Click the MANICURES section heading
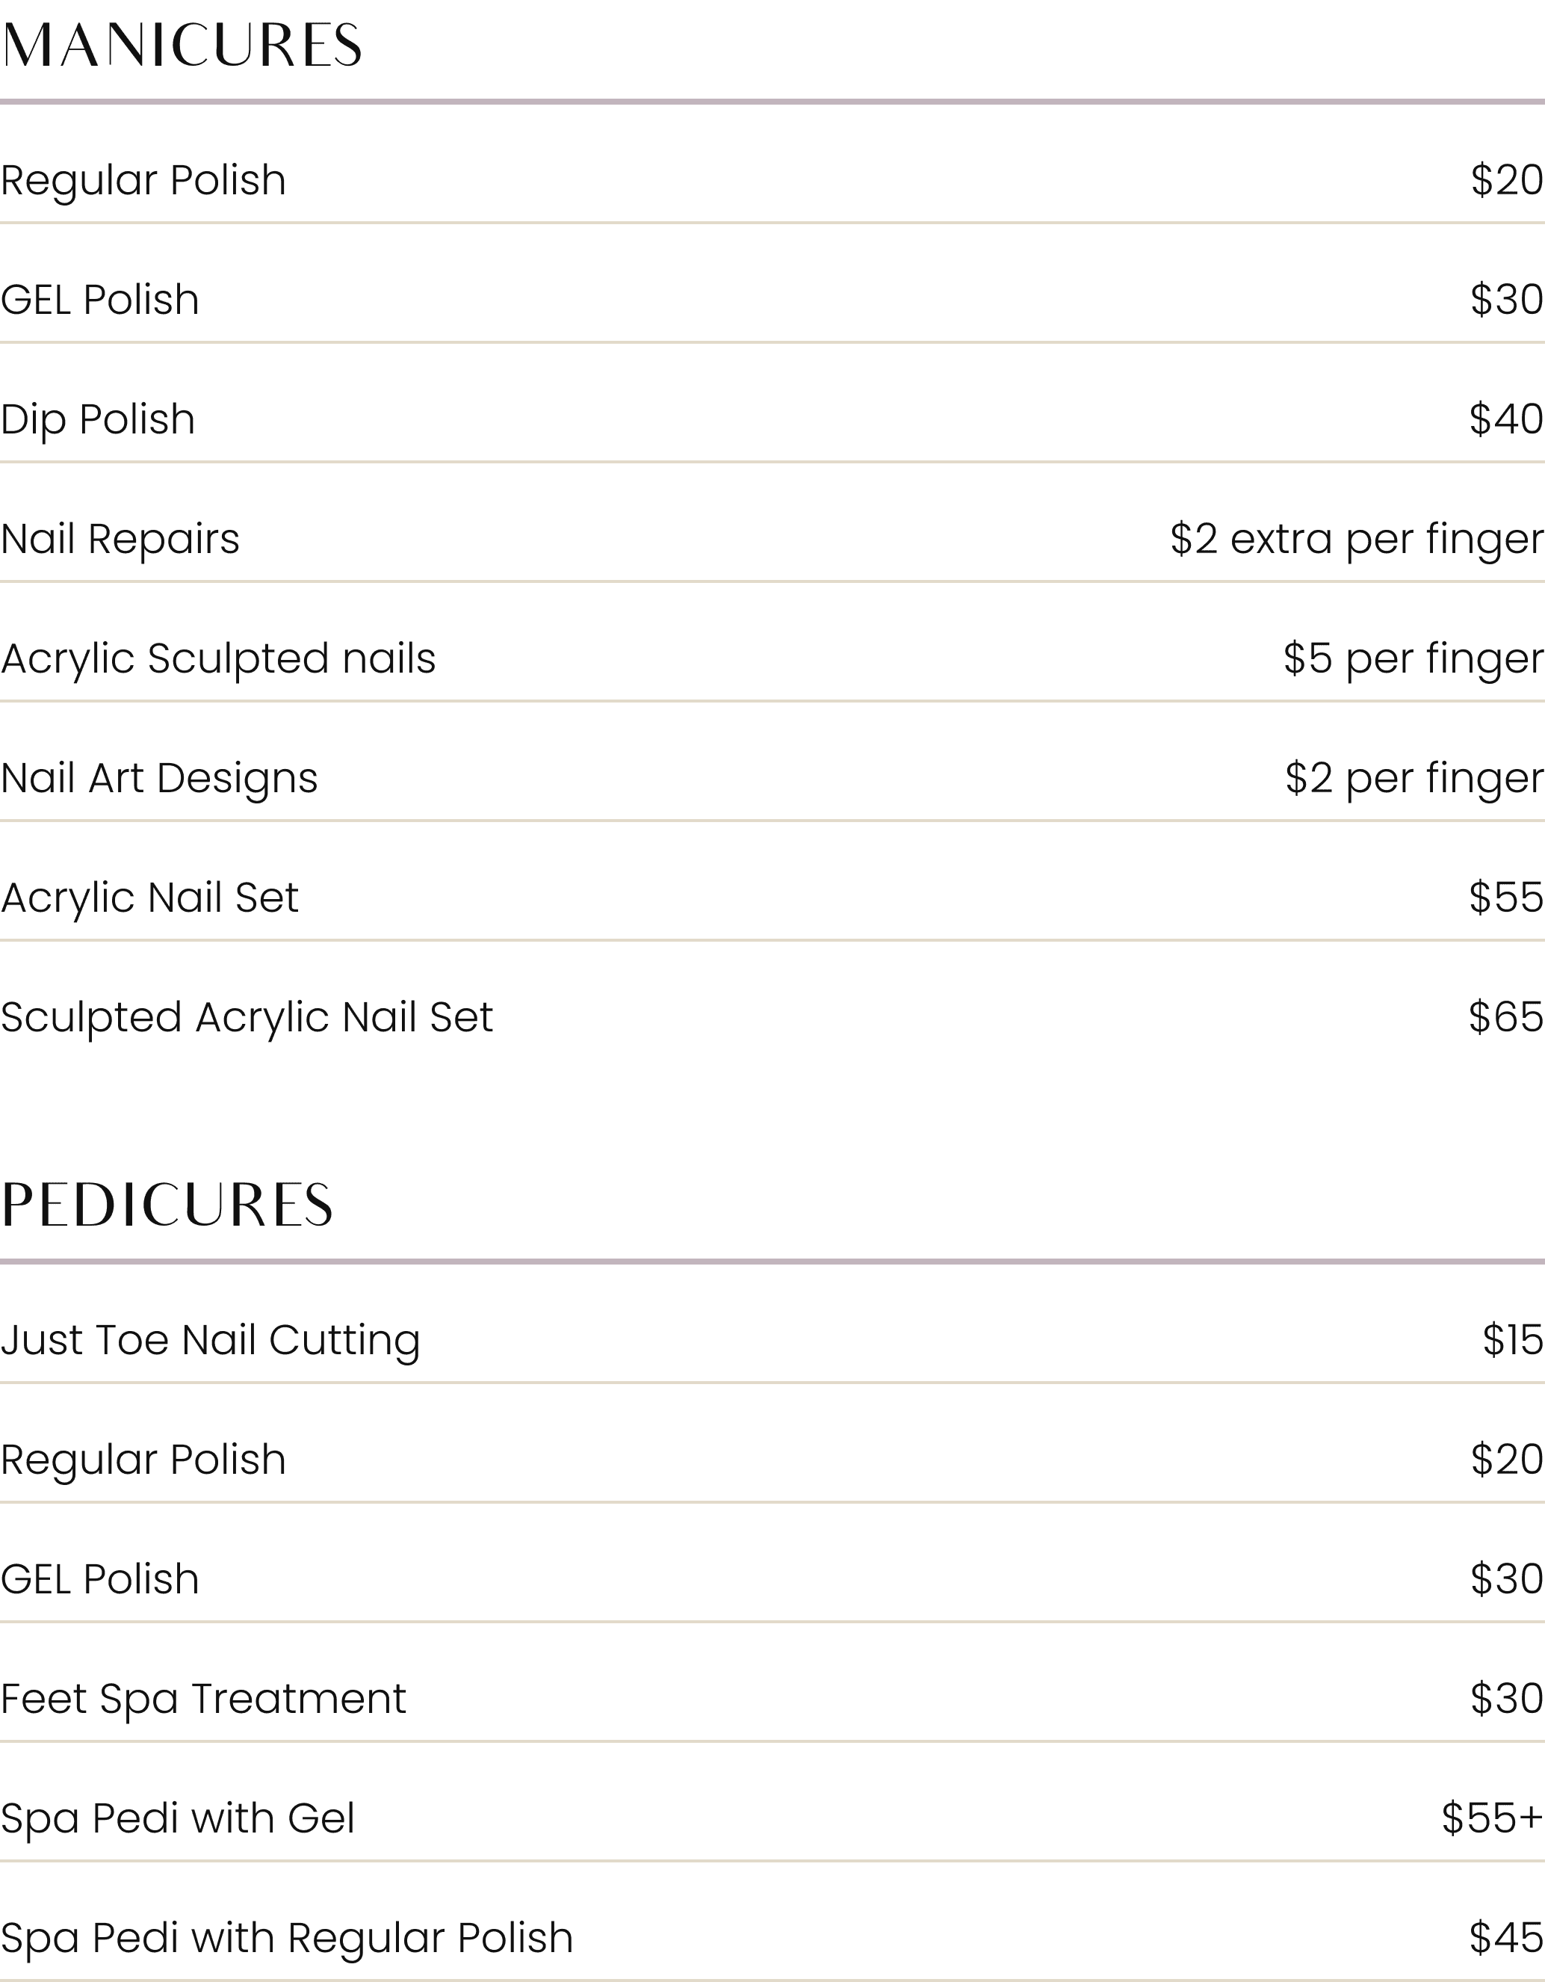click(x=182, y=46)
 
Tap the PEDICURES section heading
click(x=167, y=1205)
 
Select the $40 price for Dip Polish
click(x=1506, y=419)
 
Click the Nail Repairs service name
click(x=120, y=539)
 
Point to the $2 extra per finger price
click(x=1356, y=539)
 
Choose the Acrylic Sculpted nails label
click(x=217, y=659)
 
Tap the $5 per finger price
click(x=1413, y=659)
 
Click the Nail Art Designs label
click(x=159, y=779)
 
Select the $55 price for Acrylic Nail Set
click(x=1506, y=898)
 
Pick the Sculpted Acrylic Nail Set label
click(x=247, y=1017)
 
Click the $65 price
click(x=1506, y=1017)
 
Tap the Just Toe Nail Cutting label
click(x=211, y=1341)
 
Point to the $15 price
click(x=1512, y=1341)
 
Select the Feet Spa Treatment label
click(x=203, y=1699)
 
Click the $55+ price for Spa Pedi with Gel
click(x=1493, y=1818)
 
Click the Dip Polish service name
click(x=98, y=419)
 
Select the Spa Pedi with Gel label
click(x=177, y=1818)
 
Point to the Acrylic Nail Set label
click(x=149, y=898)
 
